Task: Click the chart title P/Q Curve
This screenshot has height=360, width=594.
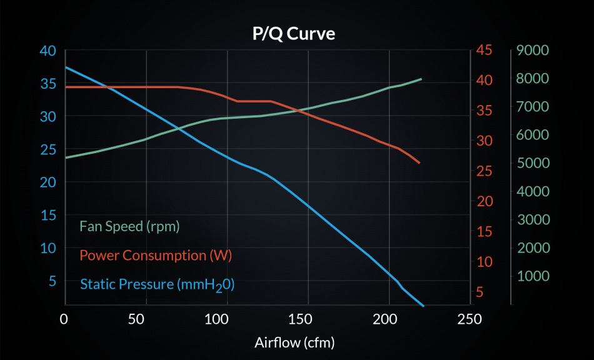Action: tap(293, 34)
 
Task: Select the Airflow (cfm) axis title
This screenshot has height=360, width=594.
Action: tap(294, 342)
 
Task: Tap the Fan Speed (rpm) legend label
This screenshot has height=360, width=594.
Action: tap(129, 226)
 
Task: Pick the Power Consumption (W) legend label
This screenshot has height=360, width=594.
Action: tap(151, 256)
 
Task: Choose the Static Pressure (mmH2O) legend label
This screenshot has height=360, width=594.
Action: tap(157, 285)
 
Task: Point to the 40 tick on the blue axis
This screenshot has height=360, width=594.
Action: tap(47, 51)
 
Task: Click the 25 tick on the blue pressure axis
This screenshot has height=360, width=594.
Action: tap(47, 149)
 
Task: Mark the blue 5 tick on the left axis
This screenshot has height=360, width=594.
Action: tap(52, 281)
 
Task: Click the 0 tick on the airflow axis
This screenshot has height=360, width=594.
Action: tap(64, 319)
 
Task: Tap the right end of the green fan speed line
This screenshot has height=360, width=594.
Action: tap(421, 79)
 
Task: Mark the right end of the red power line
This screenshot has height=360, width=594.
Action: tap(420, 163)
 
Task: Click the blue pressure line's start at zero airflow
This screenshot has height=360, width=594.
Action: tap(65, 67)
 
